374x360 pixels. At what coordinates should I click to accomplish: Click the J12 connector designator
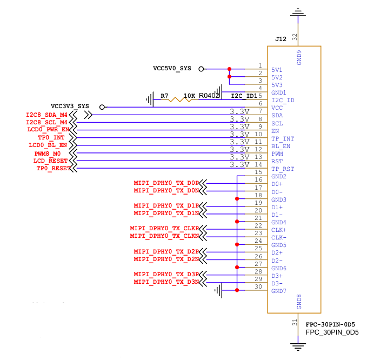[280, 39]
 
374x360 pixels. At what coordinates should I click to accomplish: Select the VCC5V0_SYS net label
[172, 69]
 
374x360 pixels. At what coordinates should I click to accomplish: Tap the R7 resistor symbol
[179, 99]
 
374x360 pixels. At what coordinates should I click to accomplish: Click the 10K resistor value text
[189, 96]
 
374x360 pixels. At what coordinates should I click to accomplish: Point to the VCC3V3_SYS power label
[70, 106]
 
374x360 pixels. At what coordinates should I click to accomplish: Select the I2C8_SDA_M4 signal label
[46, 115]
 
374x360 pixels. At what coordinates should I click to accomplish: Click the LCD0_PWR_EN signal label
[48, 130]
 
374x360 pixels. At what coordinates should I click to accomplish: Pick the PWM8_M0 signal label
[48, 154]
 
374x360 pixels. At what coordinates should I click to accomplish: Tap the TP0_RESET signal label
[54, 169]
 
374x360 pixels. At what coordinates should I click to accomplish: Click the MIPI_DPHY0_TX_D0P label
[166, 183]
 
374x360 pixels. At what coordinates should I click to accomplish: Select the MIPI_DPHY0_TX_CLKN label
[164, 236]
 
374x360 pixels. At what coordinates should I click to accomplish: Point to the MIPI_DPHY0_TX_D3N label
[166, 282]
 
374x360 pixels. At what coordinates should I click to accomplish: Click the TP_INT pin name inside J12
[283, 138]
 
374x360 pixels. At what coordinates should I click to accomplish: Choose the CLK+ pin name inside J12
[278, 230]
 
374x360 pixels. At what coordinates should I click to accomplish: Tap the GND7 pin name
[278, 291]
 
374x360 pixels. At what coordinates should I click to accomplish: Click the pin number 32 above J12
[295, 37]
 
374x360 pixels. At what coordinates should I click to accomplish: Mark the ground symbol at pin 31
[298, 346]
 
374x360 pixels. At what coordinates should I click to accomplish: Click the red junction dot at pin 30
[237, 290]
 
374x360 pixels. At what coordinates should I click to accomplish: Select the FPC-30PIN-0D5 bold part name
[330, 324]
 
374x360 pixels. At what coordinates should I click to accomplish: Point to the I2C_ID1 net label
[244, 96]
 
